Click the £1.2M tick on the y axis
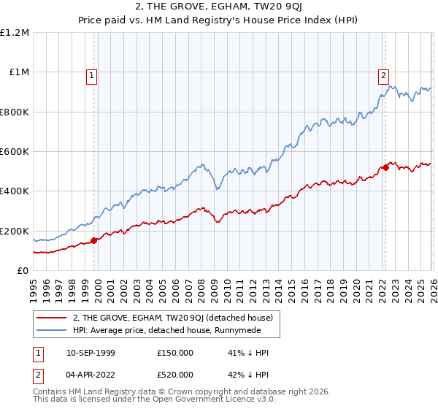click(15, 33)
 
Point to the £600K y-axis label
click(15, 152)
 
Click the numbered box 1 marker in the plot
click(93, 74)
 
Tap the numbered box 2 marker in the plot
click(383, 74)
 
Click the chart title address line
click(219, 8)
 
